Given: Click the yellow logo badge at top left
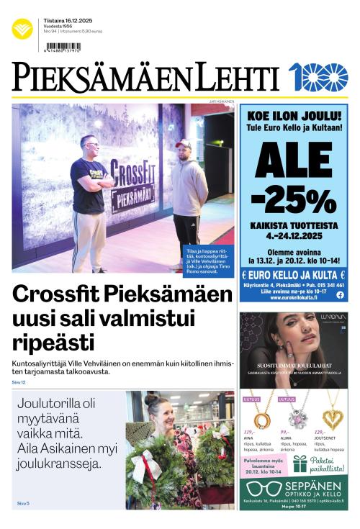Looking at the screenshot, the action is (22, 29).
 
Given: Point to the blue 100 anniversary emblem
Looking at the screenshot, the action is (318, 76).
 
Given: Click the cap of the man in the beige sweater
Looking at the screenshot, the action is (183, 143).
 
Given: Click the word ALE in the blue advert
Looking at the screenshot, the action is (293, 158).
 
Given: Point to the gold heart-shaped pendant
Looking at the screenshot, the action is (331, 418).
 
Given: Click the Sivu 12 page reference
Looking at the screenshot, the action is (18, 382).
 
